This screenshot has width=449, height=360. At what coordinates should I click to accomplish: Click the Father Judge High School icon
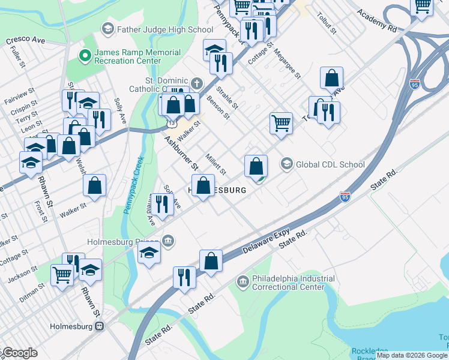tap(107, 28)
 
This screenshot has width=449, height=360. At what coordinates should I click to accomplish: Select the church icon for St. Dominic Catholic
tap(196, 82)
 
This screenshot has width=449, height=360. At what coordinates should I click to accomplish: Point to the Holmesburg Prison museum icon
tap(169, 241)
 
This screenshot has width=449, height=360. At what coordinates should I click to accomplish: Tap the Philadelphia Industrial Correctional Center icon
tap(243, 281)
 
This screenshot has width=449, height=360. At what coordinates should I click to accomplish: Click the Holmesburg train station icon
tap(100, 326)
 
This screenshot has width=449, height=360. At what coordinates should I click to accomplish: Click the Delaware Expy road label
tap(265, 241)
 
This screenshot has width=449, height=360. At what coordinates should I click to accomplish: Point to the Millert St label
tap(215, 163)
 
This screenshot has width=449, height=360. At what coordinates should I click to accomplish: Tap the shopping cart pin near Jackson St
tap(62, 274)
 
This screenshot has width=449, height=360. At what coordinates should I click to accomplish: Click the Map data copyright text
tap(412, 355)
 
